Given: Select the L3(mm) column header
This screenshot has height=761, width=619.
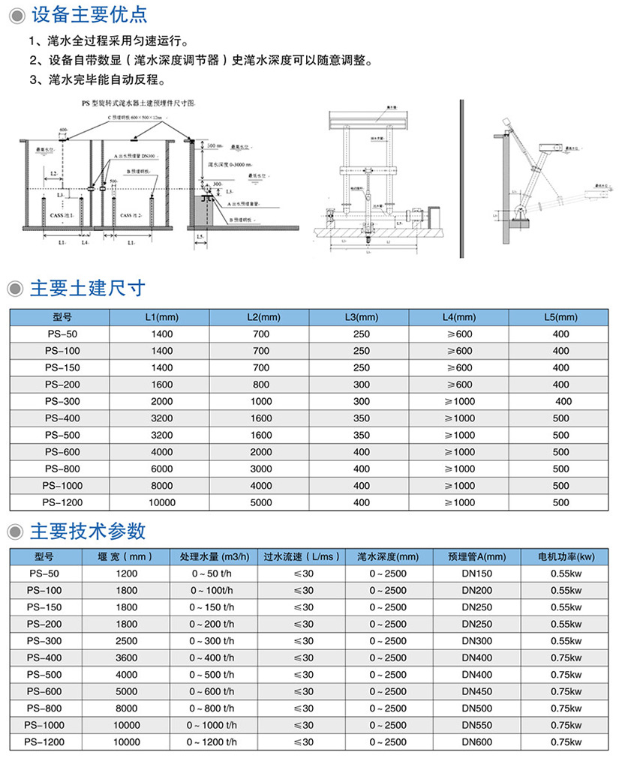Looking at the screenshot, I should click(361, 317).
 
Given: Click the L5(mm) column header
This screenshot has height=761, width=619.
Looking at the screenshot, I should click(560, 317).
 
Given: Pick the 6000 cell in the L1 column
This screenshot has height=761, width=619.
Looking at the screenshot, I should click(161, 469).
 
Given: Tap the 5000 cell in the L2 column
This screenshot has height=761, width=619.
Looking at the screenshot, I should click(261, 502).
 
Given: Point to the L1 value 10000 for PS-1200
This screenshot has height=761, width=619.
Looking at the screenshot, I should click(161, 502).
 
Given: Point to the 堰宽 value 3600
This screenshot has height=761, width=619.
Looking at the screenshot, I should click(127, 658).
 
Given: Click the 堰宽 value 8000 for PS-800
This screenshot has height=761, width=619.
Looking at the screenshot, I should click(127, 708).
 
